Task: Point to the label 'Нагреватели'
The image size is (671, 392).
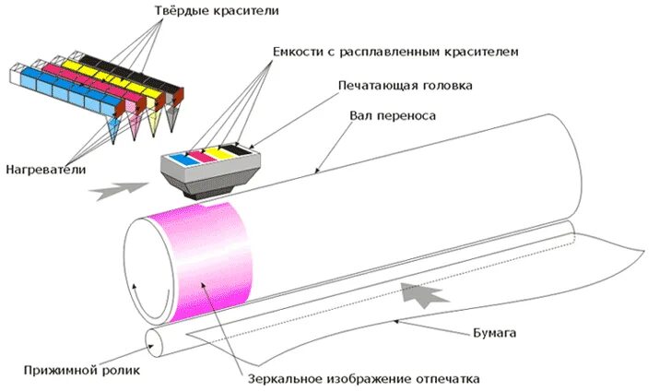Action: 45,170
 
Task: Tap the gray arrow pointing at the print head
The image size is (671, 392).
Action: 120,190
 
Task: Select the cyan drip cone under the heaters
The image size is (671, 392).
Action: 113,135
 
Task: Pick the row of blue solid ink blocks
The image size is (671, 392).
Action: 56,84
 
